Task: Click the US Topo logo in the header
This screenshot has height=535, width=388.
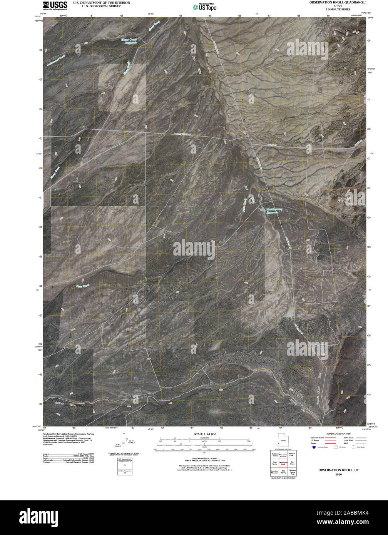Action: point(204,7)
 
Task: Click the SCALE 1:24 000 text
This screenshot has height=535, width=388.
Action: point(205,434)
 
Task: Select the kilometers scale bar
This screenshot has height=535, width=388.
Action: point(205,439)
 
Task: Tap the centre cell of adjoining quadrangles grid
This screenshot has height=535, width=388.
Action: point(283,463)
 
